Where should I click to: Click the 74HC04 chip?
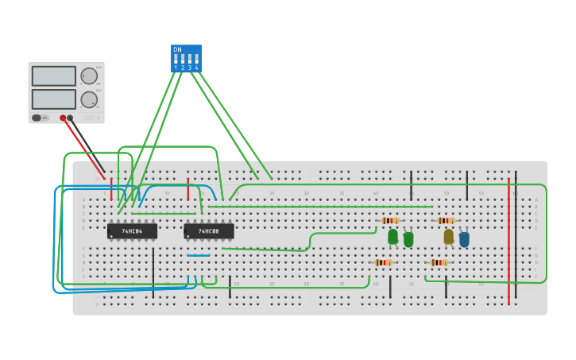click(x=132, y=231)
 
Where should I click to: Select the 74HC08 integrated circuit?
click(x=209, y=231)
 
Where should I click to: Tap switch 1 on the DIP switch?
click(x=176, y=60)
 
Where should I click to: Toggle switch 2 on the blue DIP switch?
click(x=183, y=60)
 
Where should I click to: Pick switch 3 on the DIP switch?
click(x=189, y=60)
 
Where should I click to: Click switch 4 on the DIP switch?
click(x=196, y=60)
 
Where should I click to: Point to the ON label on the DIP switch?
click(x=177, y=49)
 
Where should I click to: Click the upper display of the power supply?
click(x=54, y=76)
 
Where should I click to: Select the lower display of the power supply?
click(x=54, y=99)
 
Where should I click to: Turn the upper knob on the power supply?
click(x=89, y=76)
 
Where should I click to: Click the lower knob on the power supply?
click(x=89, y=99)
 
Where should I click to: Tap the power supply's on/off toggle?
click(x=37, y=118)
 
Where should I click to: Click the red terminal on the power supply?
click(x=63, y=118)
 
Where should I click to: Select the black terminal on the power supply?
click(x=70, y=118)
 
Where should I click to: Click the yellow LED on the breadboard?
click(x=449, y=236)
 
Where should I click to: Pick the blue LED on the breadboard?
click(x=464, y=238)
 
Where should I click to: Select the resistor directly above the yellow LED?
click(x=446, y=220)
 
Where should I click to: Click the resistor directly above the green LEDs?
click(x=389, y=220)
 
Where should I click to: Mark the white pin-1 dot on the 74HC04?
click(x=111, y=236)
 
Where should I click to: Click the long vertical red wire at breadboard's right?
click(x=508, y=238)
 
